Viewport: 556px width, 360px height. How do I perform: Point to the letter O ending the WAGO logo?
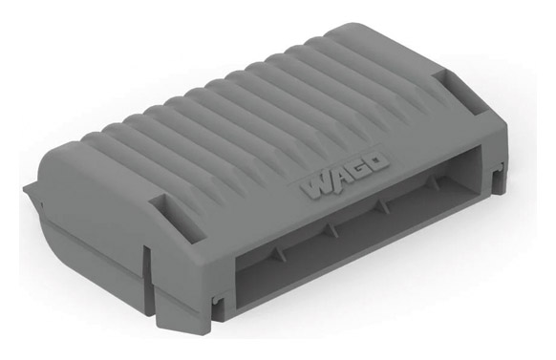[x=376, y=162]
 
